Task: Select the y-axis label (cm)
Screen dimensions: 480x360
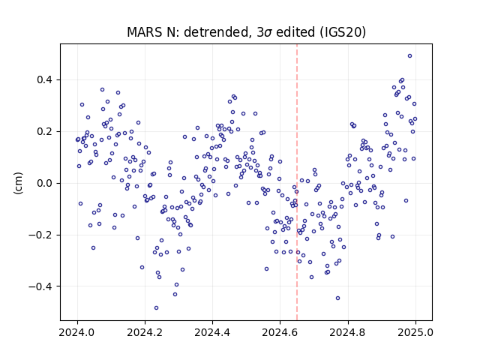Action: [x=18, y=183]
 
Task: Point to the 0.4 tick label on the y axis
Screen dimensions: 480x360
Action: [x=45, y=80]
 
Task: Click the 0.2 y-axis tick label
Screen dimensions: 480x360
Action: [x=45, y=132]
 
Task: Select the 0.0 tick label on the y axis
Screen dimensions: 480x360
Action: [x=45, y=183]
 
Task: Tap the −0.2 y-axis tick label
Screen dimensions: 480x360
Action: [x=40, y=235]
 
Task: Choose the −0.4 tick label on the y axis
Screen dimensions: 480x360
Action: [x=40, y=286]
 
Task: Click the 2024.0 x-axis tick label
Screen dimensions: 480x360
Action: [x=77, y=332]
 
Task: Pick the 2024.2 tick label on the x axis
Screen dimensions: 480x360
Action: [x=145, y=332]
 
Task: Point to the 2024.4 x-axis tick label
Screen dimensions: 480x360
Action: [x=212, y=332]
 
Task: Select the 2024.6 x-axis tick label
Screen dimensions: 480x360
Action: [x=280, y=332]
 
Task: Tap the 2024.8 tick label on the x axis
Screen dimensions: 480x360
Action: [x=348, y=332]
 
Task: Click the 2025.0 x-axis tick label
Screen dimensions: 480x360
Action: [x=415, y=332]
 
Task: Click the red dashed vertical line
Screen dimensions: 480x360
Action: [x=297, y=182]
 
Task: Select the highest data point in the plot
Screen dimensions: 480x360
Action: [x=410, y=56]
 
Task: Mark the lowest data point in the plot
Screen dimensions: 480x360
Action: [x=157, y=308]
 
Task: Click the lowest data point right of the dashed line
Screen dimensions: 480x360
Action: [x=338, y=298]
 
